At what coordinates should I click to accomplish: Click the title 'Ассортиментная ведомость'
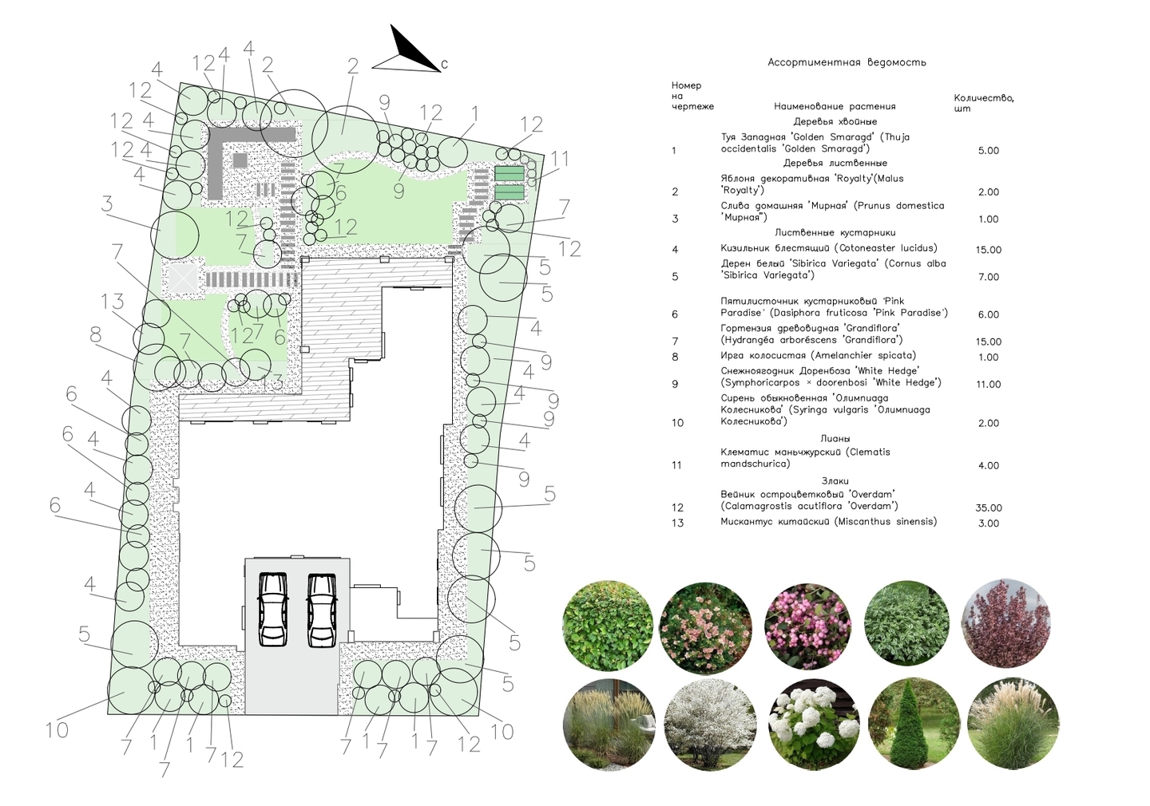847,62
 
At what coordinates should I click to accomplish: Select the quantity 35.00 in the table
989,508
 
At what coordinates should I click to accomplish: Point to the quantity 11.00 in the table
989,385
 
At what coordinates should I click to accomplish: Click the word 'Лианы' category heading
835,439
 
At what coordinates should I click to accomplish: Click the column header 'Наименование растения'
835,107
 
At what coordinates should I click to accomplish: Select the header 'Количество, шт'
984,103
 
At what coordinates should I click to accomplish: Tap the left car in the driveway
272,609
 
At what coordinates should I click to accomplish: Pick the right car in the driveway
321,610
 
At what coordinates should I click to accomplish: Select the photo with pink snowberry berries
807,626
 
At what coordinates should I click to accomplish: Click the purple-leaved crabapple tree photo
1005,624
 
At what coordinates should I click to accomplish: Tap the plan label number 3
107,204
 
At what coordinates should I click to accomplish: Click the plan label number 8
96,335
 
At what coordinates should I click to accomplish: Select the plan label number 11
560,159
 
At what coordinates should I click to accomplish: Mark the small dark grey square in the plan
240,160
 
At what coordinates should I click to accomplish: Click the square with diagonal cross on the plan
184,278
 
